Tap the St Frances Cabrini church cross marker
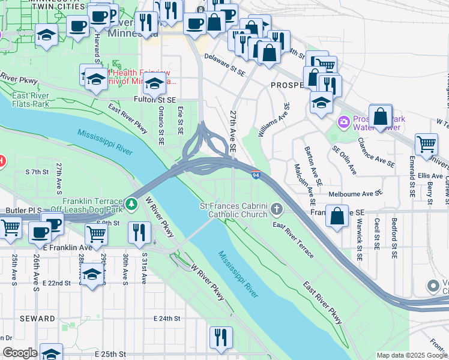(276, 209)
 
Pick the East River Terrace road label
(293, 240)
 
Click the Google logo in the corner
(19, 353)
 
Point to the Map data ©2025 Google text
(411, 355)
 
